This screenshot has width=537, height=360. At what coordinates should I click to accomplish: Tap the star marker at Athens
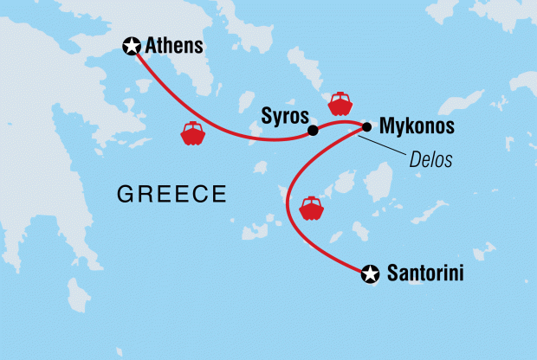(133, 46)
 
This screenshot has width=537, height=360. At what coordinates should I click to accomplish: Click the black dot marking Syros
(313, 132)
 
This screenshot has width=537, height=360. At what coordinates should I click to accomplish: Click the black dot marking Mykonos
(366, 127)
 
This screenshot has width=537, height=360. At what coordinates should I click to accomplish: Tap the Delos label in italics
(431, 160)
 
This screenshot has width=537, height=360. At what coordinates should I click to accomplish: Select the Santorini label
(424, 274)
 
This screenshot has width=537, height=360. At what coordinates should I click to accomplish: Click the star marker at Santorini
(371, 274)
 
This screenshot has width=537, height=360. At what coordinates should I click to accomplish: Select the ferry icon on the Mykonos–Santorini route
(310, 209)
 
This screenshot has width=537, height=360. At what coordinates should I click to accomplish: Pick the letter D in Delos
(415, 160)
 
